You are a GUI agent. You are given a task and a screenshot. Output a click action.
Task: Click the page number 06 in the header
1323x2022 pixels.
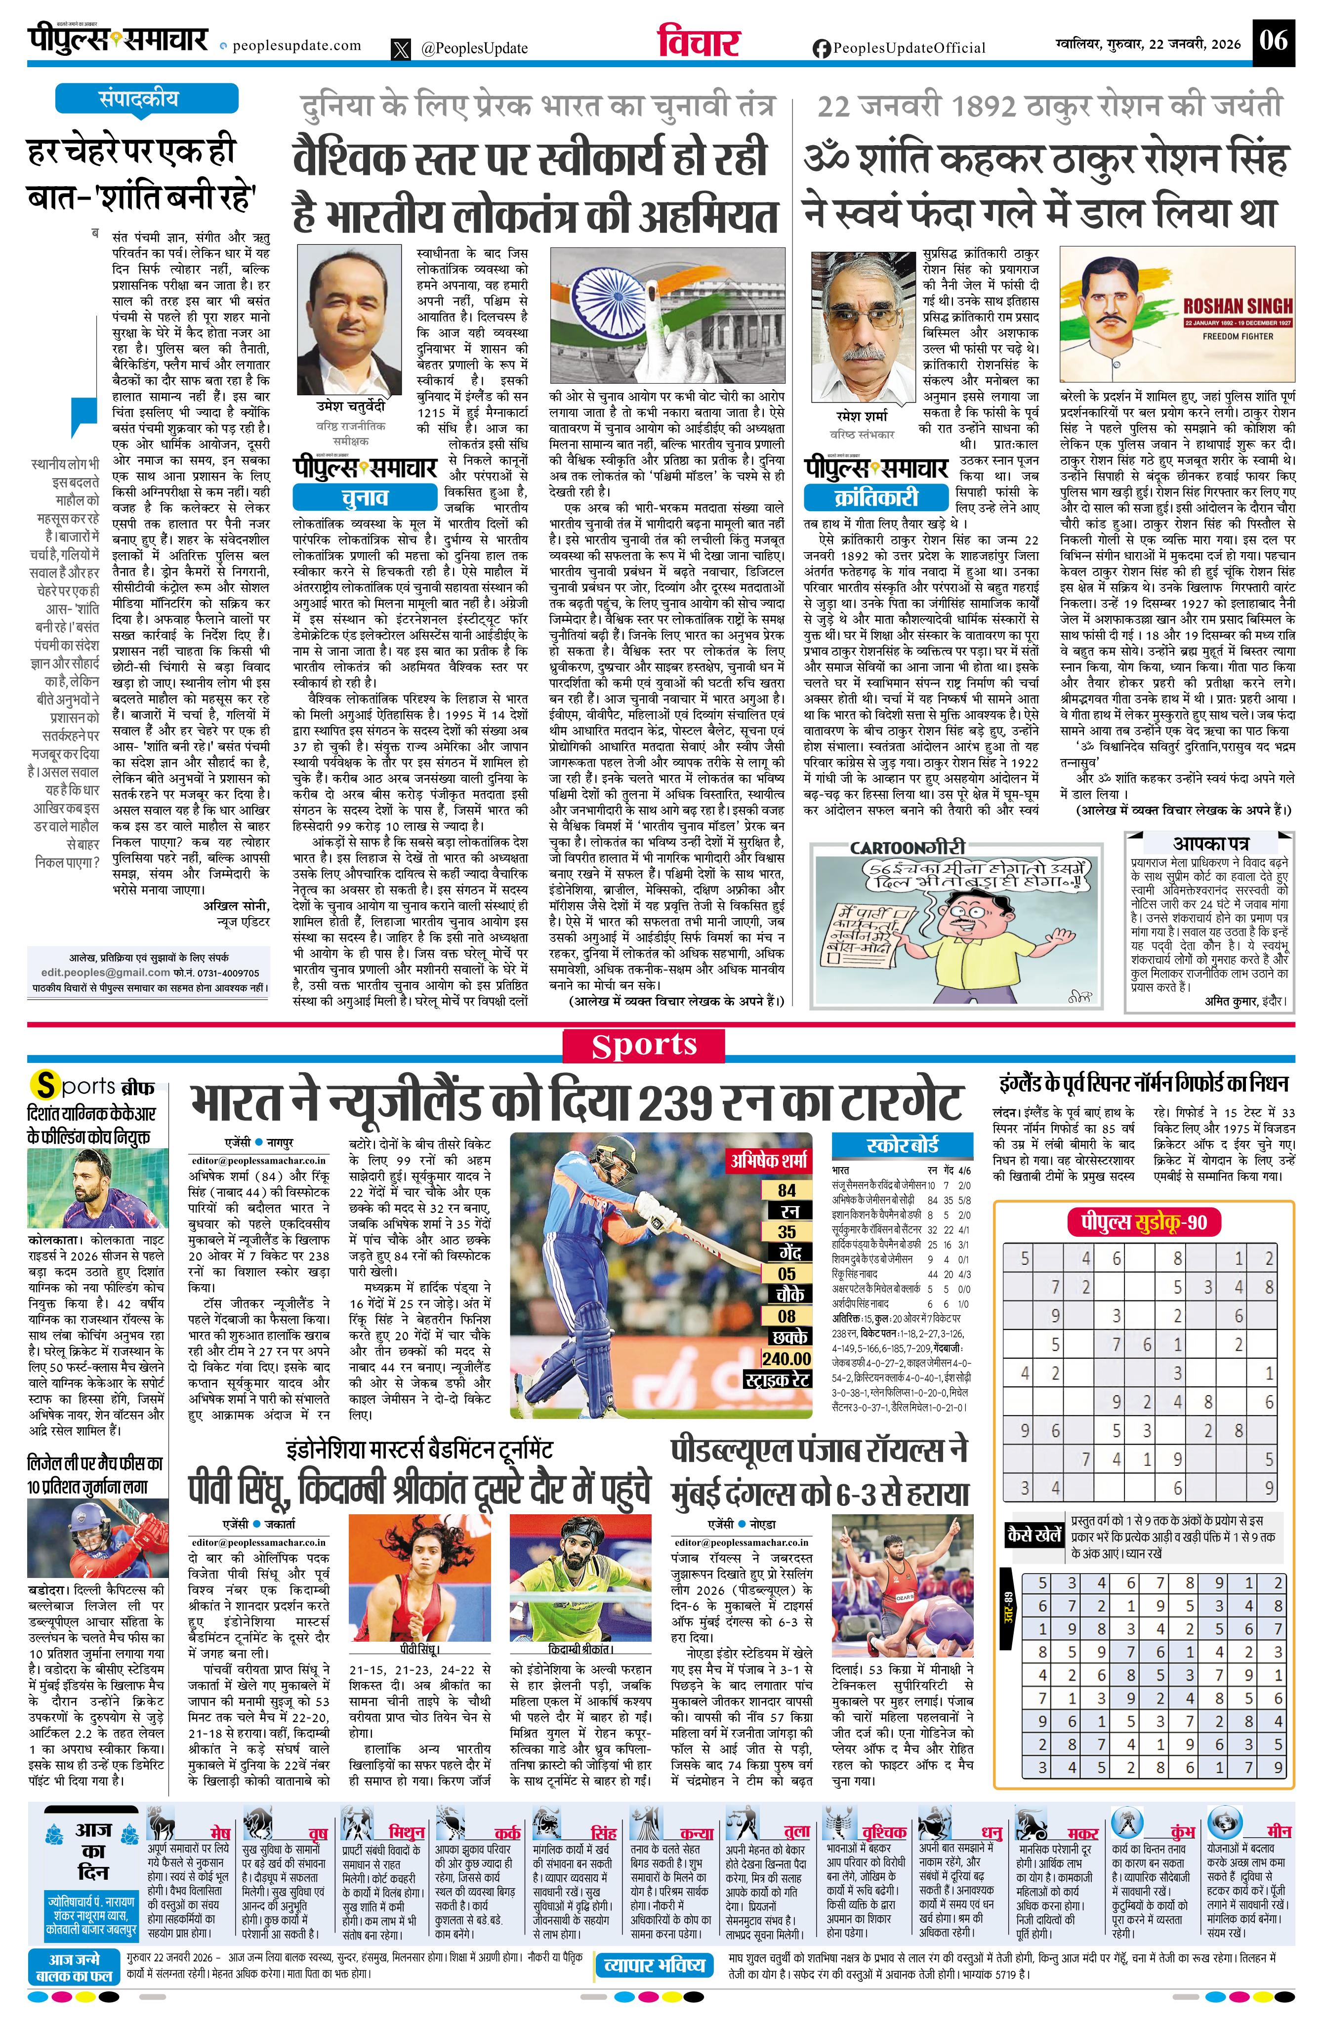(x=1274, y=40)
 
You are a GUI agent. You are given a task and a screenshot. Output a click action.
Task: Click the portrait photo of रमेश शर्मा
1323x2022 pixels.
(x=862, y=325)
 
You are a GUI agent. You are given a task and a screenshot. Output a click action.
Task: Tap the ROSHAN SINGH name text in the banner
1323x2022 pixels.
(x=1237, y=306)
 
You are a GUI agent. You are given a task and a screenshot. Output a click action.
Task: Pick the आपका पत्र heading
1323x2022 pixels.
(x=1210, y=844)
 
